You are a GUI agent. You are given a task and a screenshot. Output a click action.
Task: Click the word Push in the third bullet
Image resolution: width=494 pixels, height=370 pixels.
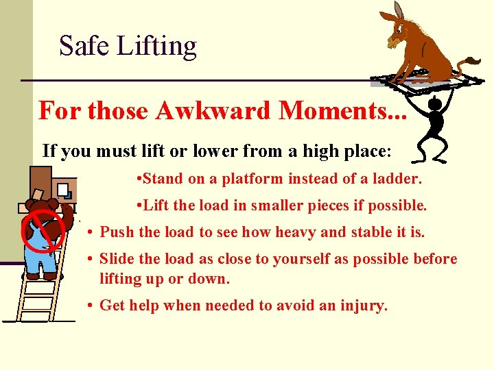(117, 232)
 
